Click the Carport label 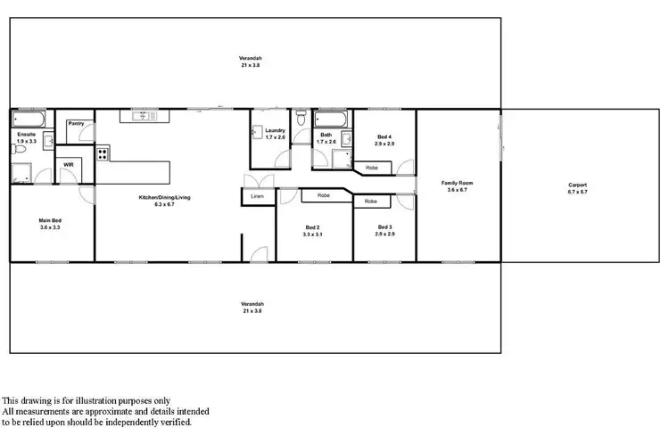578,185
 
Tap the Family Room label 458,183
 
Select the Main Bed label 50,220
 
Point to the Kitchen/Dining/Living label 164,197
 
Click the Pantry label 75,124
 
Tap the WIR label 69,164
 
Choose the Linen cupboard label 258,196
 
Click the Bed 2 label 312,226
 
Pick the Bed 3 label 384,226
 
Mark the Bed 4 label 384,136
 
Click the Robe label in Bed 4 372,167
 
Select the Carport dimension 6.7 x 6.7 578,192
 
